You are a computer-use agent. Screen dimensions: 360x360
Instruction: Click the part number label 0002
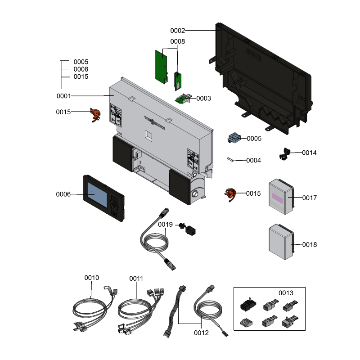tap(177, 31)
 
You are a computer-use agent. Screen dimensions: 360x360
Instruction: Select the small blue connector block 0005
tap(234, 138)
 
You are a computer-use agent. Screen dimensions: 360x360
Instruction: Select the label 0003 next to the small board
tap(204, 98)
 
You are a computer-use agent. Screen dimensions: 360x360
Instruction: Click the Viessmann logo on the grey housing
tap(154, 122)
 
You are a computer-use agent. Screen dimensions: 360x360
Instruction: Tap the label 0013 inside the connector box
tap(286, 293)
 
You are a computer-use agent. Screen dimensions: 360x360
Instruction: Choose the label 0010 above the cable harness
tap(92, 278)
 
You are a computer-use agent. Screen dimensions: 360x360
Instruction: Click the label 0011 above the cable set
tap(136, 279)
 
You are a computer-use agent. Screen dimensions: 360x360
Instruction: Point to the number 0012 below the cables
tap(201, 333)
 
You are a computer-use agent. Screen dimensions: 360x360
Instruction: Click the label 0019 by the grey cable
tap(165, 224)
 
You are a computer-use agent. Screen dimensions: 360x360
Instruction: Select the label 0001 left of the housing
tap(63, 96)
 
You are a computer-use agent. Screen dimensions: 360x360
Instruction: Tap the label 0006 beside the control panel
tap(63, 194)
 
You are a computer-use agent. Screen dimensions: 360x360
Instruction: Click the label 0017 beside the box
tap(310, 198)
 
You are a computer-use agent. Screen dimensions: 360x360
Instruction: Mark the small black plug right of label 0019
tap(189, 230)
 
